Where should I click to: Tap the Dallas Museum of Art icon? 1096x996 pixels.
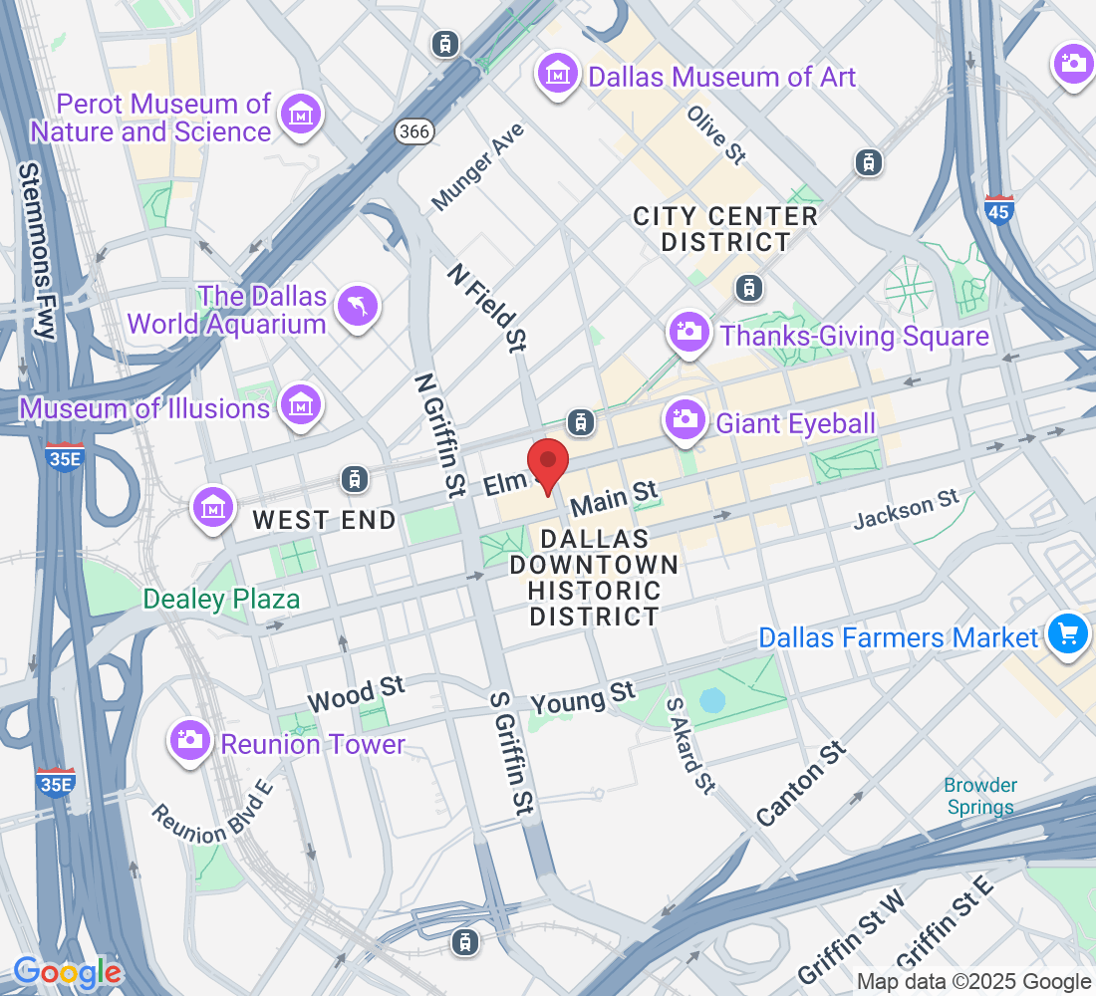point(559,75)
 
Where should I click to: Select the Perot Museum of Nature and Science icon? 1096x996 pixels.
point(301,117)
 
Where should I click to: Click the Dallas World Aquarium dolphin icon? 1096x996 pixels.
point(358,307)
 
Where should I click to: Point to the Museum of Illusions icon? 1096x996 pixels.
point(299,406)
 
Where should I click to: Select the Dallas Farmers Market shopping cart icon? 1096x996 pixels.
point(1067,633)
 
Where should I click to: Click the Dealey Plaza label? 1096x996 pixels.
point(221,600)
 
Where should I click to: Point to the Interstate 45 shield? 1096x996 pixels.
point(998,210)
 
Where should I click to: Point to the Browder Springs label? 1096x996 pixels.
point(980,797)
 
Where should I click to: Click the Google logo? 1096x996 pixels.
point(68,972)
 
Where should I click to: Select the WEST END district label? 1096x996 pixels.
point(324,519)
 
